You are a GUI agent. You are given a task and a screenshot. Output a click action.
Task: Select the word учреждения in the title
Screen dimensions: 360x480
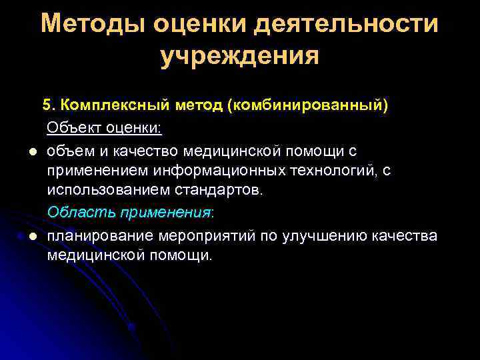coord(240,56)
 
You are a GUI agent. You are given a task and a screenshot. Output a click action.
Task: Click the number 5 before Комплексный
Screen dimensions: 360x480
coord(47,105)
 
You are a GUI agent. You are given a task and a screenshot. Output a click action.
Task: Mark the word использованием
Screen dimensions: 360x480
coord(99,191)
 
